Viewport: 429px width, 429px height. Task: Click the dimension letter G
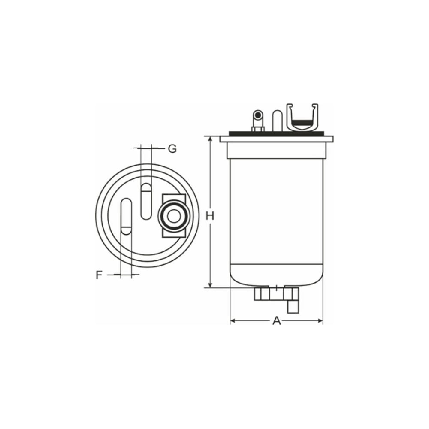coord(172,149)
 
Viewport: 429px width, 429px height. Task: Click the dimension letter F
coord(99,275)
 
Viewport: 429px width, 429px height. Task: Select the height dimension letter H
coord(210,216)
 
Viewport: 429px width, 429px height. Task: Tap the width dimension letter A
coord(277,320)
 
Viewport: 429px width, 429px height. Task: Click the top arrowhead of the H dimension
coord(210,139)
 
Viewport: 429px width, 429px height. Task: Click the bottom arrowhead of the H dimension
coord(210,284)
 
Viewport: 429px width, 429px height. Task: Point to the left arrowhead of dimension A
coord(233,320)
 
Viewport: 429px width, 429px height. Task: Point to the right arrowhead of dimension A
coord(320,320)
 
